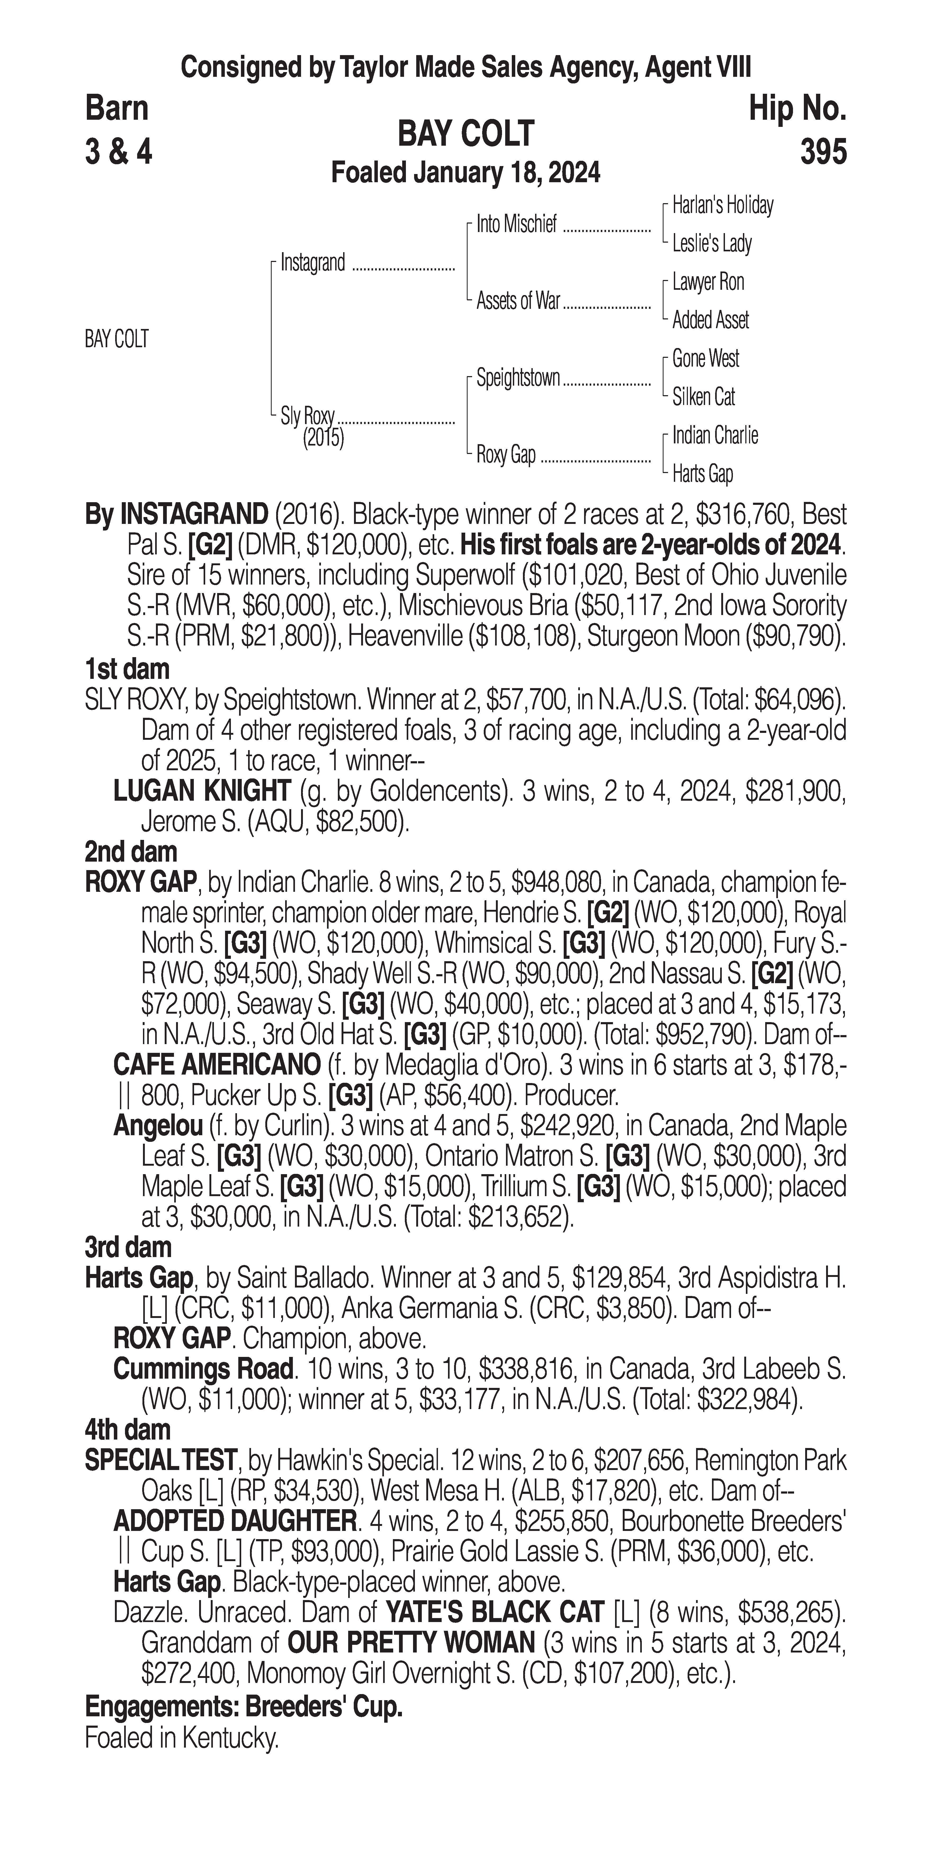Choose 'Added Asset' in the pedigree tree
[x=710, y=320]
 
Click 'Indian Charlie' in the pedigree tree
[x=715, y=435]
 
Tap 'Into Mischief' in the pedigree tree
[x=516, y=225]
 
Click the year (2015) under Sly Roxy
[x=323, y=438]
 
